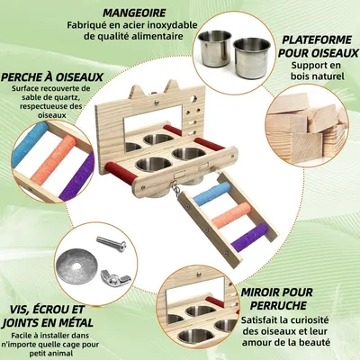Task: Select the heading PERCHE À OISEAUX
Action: coord(51,77)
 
